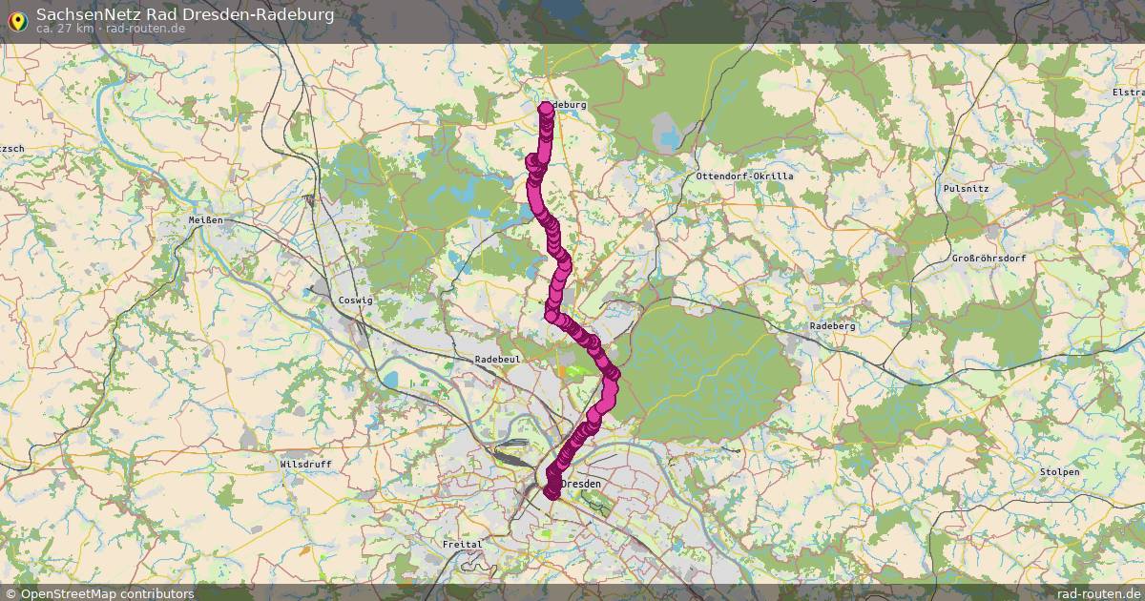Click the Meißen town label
click(x=206, y=220)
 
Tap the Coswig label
click(x=356, y=300)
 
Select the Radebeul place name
click(x=497, y=359)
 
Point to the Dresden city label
click(x=583, y=485)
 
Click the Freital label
click(x=462, y=544)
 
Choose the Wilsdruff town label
click(x=305, y=465)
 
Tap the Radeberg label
click(x=832, y=325)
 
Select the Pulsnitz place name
click(x=965, y=189)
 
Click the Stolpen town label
click(x=1060, y=472)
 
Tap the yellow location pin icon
click(x=17, y=19)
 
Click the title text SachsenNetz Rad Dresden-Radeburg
click(x=185, y=14)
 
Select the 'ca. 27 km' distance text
click(x=65, y=29)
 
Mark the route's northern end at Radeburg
click(x=547, y=109)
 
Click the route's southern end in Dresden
click(x=552, y=491)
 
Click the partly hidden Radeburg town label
click(x=569, y=104)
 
